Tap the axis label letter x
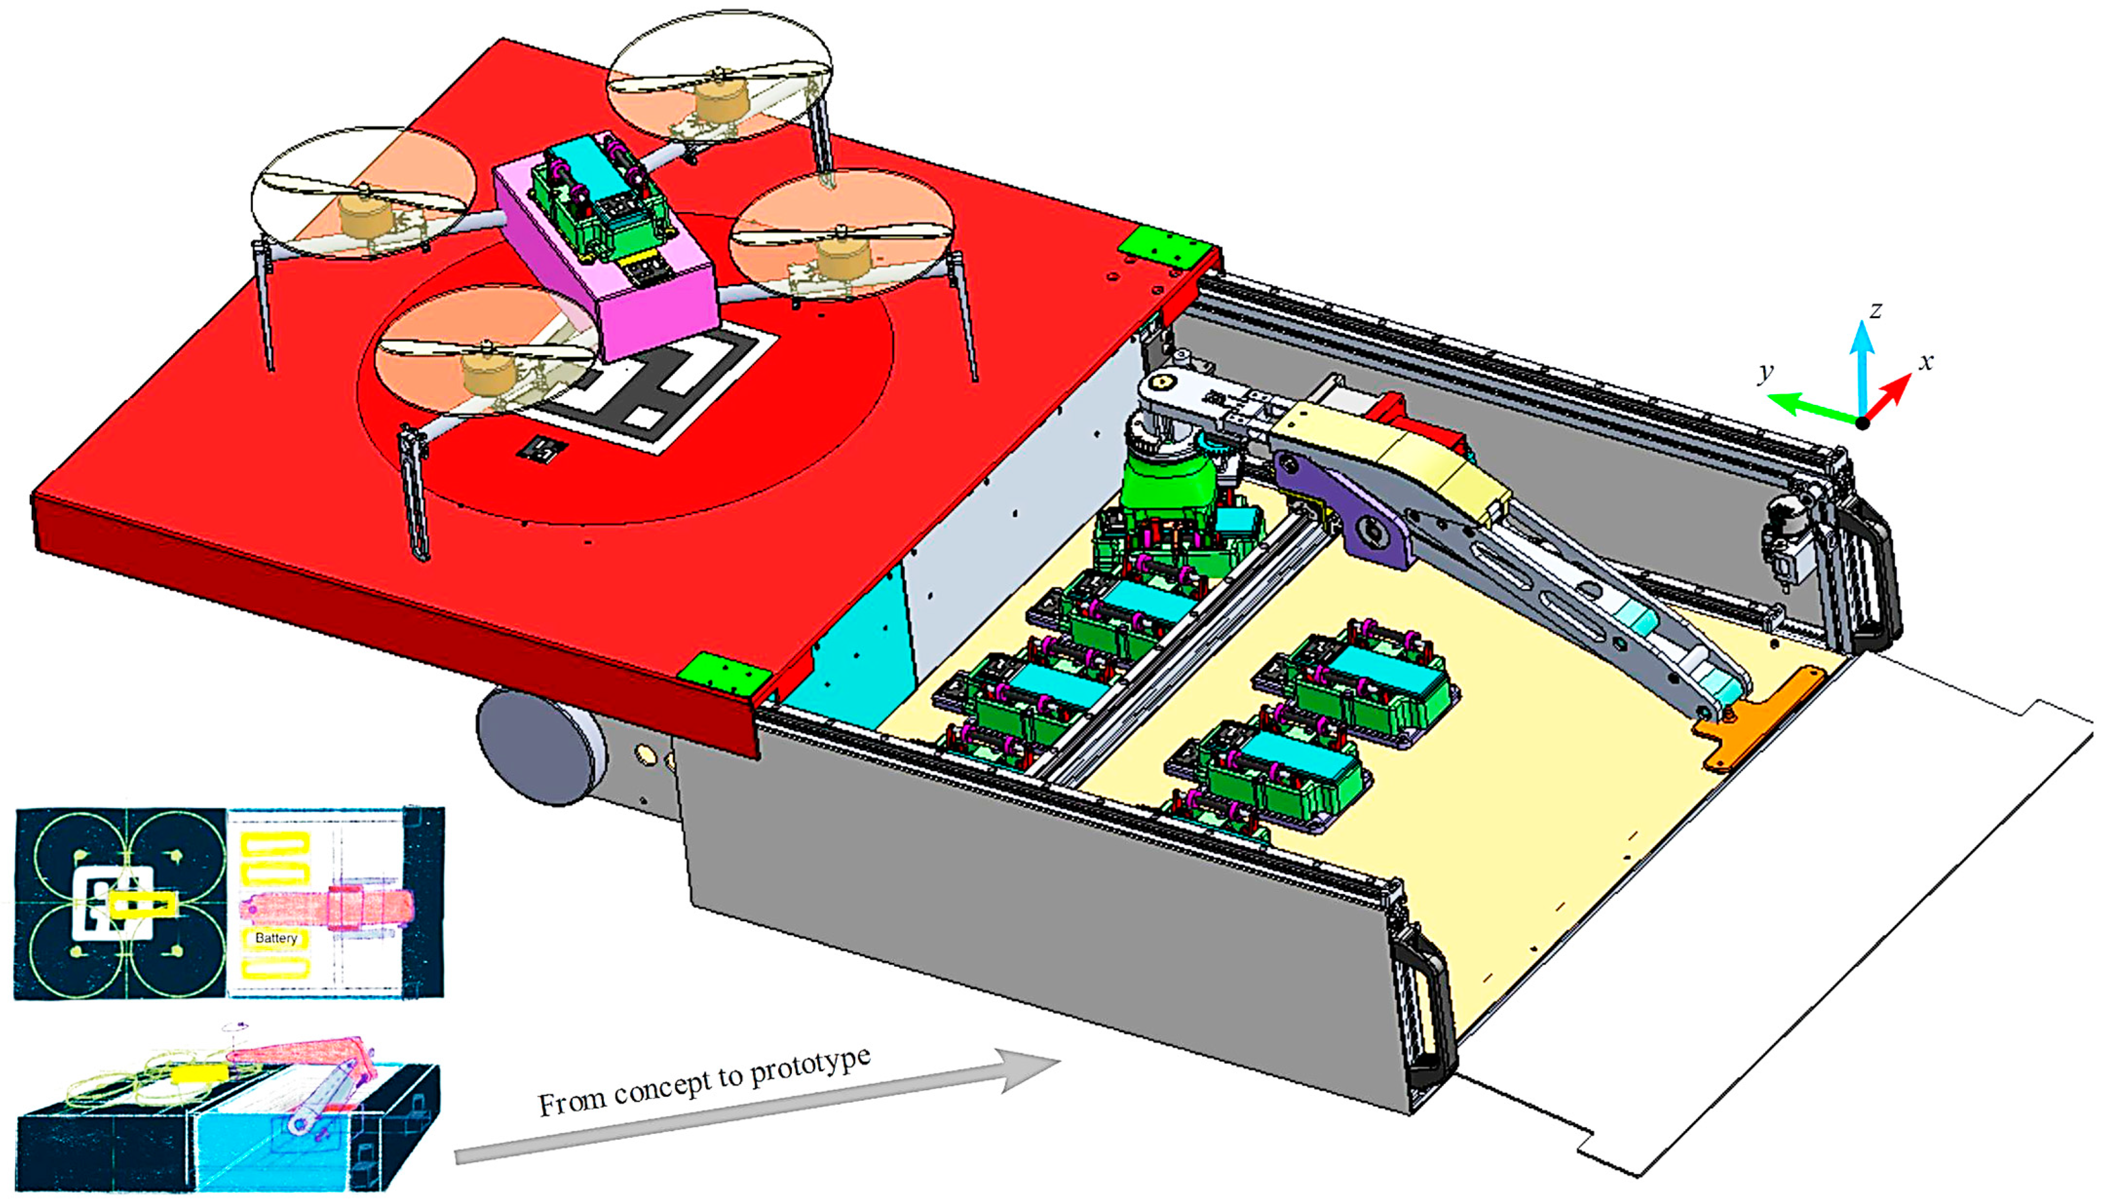pos(1926,362)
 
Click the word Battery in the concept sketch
pos(275,938)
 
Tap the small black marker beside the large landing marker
pos(542,449)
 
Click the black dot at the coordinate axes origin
pos(1862,422)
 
